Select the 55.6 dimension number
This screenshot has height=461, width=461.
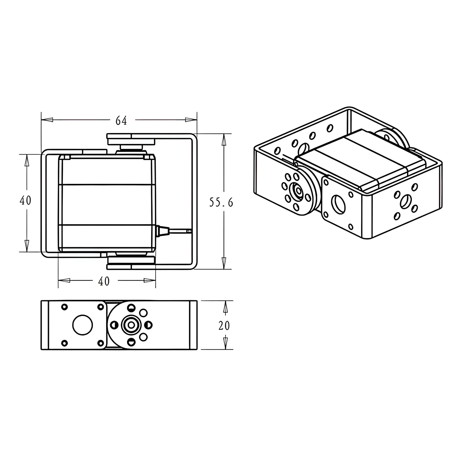(221, 203)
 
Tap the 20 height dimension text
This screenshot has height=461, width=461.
(224, 326)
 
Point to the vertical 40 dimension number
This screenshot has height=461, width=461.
(25, 200)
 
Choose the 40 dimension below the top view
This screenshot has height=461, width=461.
(104, 281)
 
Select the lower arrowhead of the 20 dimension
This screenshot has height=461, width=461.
(226, 343)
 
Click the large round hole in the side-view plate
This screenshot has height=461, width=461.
(83, 325)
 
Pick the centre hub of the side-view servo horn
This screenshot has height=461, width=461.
(131, 325)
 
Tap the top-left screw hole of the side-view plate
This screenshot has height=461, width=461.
(65, 307)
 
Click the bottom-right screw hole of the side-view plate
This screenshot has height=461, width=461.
(101, 343)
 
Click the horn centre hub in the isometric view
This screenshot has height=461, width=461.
(296, 190)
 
